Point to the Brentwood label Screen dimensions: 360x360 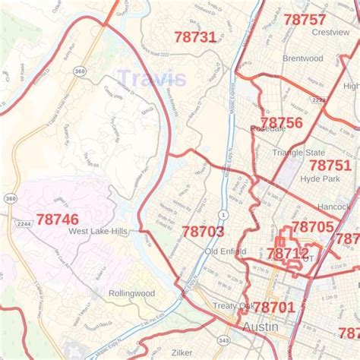coord(302,58)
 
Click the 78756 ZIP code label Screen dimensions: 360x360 coord(280,122)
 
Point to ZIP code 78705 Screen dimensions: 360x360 coord(312,226)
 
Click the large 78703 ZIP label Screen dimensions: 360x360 coord(203,231)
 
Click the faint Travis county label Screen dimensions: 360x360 coord(151,78)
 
